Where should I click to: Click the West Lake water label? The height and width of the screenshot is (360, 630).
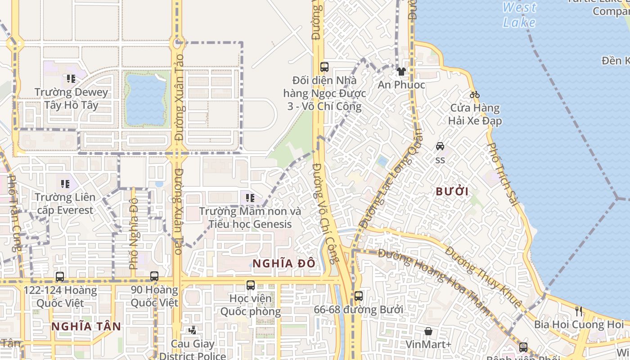tap(519, 15)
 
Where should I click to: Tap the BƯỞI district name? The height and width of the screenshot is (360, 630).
tap(452, 191)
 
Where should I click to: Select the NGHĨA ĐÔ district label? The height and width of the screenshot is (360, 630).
tap(283, 263)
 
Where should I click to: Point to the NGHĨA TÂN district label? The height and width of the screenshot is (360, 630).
tap(86, 326)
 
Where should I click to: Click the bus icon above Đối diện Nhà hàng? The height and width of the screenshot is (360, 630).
tap(324, 67)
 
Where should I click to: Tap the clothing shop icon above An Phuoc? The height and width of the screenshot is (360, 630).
tap(401, 71)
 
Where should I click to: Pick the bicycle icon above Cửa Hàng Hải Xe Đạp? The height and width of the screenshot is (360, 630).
tap(474, 94)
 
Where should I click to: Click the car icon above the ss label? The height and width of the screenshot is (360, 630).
tap(440, 146)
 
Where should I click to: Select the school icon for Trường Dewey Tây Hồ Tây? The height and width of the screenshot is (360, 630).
tap(71, 79)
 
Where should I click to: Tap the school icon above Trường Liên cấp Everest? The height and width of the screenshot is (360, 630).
tap(65, 184)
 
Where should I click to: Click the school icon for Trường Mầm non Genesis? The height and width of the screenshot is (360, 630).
tap(250, 198)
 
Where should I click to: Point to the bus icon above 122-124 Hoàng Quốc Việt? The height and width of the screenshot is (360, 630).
tap(59, 277)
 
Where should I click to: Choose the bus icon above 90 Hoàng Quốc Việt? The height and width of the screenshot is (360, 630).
tap(154, 276)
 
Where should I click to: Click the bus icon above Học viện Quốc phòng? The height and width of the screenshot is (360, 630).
tap(251, 285)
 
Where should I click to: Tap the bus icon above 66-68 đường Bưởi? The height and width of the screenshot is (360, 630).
tap(358, 296)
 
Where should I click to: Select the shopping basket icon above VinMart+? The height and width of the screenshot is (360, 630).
tap(428, 331)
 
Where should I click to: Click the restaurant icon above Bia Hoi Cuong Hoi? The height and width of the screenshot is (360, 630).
tap(579, 311)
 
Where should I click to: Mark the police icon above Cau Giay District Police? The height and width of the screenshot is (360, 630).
tap(193, 330)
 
